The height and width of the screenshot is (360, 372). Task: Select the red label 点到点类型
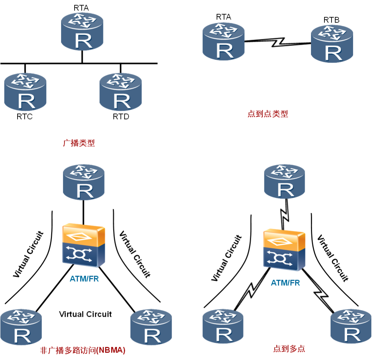tap(267, 114)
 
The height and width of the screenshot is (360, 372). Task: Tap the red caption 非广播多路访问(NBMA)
tap(82, 350)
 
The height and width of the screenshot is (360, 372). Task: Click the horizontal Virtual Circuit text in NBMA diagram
tap(85, 314)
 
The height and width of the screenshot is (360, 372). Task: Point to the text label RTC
tap(25, 117)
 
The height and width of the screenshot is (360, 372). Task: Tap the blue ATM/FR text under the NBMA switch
tap(84, 279)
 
